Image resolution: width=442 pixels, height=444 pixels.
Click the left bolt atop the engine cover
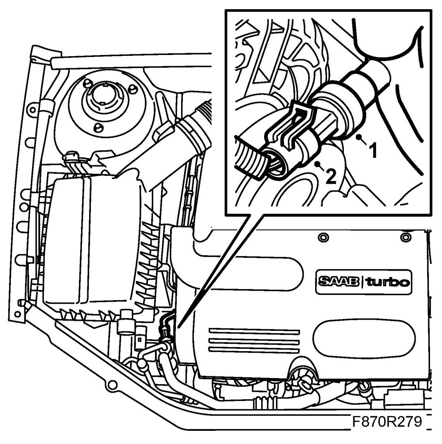click(x=322, y=238)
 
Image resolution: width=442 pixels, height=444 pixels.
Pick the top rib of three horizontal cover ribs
click(x=254, y=332)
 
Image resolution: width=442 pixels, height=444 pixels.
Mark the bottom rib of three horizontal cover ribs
click(x=254, y=349)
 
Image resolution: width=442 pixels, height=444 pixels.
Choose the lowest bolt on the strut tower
click(x=96, y=127)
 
